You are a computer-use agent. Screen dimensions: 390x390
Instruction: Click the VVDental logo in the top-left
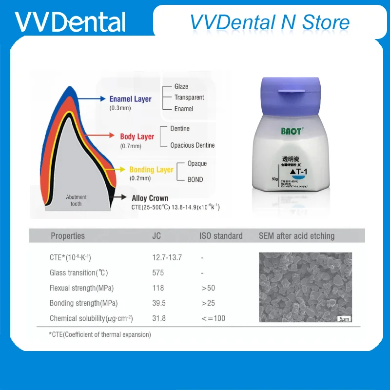tap(70, 22)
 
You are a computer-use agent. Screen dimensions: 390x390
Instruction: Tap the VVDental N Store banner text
tap(270, 22)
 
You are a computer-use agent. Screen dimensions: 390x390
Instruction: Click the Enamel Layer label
tap(130, 99)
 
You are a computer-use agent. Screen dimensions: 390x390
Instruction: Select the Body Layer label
tap(137, 136)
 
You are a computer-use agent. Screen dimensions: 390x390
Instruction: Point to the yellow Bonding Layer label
tap(151, 170)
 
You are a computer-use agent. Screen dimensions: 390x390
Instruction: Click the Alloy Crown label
tap(150, 198)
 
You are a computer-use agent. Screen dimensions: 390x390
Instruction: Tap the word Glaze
tap(181, 86)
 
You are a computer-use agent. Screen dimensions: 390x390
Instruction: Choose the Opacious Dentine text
tap(192, 145)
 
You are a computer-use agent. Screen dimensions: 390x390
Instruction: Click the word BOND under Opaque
tap(195, 179)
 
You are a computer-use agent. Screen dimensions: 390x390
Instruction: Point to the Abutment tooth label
tap(77, 200)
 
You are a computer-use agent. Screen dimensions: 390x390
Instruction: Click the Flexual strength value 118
tap(158, 288)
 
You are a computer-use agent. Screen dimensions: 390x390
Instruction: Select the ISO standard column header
tap(221, 236)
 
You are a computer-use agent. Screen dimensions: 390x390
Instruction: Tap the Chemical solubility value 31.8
tap(159, 318)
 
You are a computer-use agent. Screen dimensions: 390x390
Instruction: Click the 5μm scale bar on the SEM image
tap(344, 318)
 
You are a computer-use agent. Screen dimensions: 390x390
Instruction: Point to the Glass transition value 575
tap(158, 273)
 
